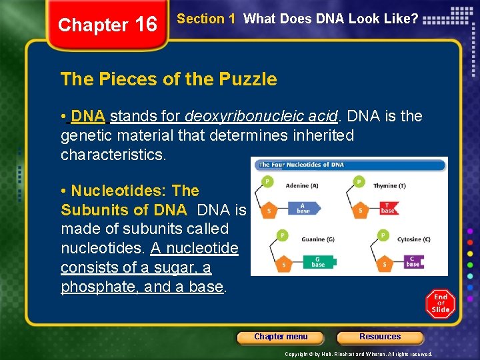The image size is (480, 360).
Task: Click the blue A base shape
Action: [304, 208]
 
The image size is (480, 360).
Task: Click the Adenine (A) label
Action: [302, 185]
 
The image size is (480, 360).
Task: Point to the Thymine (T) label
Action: [389, 185]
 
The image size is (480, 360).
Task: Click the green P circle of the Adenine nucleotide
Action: [267, 181]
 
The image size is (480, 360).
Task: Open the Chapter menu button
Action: [281, 337]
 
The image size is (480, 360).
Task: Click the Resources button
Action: [380, 337]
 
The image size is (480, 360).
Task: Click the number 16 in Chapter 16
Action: [146, 25]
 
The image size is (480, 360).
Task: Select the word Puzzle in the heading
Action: [247, 79]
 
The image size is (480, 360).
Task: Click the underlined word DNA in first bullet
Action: [88, 116]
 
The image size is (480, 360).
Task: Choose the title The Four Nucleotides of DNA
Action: [301, 165]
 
